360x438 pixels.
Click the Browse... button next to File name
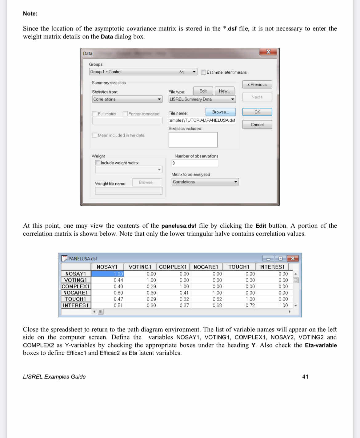pos(220,112)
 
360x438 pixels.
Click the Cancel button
pos(257,124)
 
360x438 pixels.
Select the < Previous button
pos(257,84)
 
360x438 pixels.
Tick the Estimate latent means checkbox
pos(203,72)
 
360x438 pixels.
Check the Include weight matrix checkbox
pos(98,163)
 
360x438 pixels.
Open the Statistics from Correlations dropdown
pos(127,99)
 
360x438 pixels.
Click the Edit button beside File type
pos(203,91)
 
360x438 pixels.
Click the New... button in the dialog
pos(224,91)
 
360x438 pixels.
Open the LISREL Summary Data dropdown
pos(202,99)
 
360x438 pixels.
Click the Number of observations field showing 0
pos(194,163)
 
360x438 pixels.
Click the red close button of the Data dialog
pos(268,52)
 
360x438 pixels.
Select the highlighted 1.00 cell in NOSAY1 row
pos(107,274)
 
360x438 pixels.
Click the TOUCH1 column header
pos(239,267)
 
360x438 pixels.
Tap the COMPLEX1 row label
pos(76,286)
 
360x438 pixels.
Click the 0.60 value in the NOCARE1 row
pos(118,293)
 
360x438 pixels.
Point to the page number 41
pos(305,377)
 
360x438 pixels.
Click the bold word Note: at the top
pos(30,14)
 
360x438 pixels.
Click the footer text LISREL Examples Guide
pos(54,377)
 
